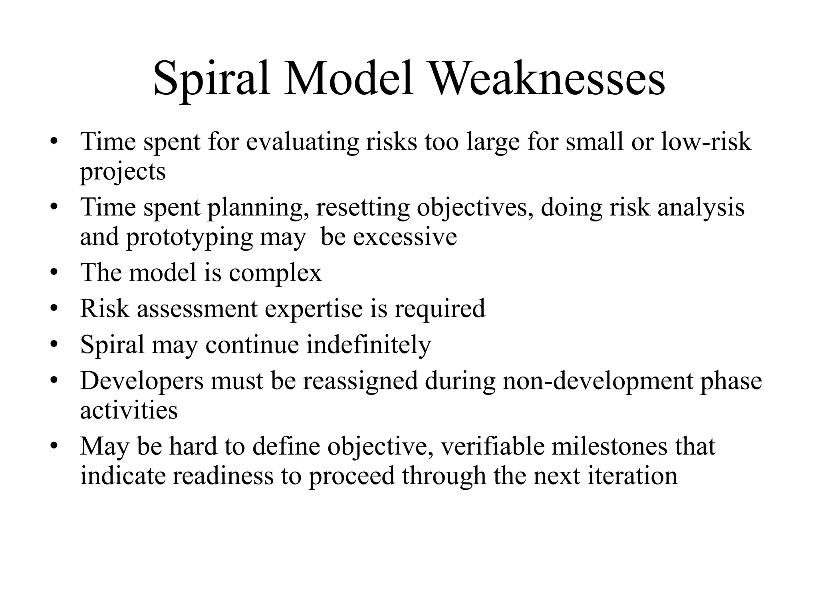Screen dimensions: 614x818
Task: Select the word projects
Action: (x=123, y=172)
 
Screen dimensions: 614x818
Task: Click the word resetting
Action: (x=363, y=208)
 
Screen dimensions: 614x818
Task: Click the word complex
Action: (x=275, y=273)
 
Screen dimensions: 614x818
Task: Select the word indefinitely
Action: (x=368, y=345)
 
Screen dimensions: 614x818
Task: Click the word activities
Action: (x=129, y=411)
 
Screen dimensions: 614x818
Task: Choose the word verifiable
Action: (x=492, y=447)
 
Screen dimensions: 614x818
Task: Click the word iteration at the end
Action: (x=632, y=476)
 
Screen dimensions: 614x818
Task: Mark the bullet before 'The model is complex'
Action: (x=54, y=273)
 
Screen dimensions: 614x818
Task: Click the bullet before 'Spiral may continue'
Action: (x=54, y=345)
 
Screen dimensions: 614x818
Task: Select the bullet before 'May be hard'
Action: (x=54, y=447)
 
